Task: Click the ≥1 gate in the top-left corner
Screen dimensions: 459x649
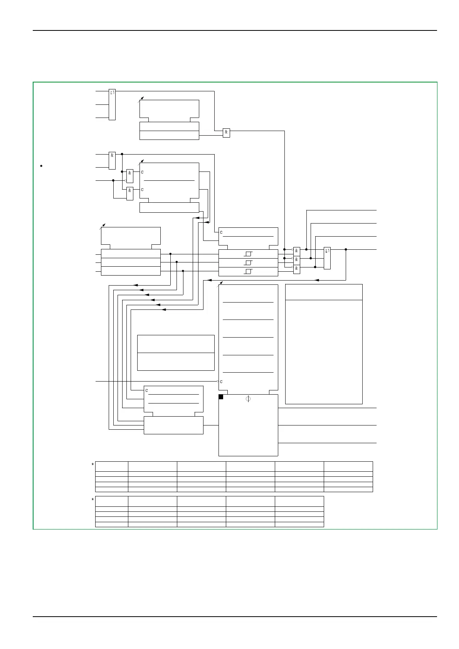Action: pyautogui.click(x=112, y=104)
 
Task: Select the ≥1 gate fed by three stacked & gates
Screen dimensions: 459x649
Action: pyautogui.click(x=327, y=258)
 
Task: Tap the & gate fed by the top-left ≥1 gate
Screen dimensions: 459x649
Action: pyautogui.click(x=226, y=132)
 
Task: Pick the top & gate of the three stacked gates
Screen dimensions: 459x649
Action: pyautogui.click(x=296, y=251)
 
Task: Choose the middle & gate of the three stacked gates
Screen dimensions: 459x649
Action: pyautogui.click(x=296, y=260)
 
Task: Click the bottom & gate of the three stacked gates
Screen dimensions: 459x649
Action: pyautogui.click(x=296, y=269)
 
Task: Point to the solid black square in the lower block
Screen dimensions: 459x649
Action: pyautogui.click(x=221, y=397)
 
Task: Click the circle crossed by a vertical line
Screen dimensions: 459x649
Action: pyautogui.click(x=248, y=399)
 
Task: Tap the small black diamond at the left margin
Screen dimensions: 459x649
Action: pyautogui.click(x=41, y=166)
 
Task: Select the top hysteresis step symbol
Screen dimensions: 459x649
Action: pyautogui.click(x=248, y=254)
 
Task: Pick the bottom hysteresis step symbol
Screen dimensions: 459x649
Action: pyautogui.click(x=248, y=272)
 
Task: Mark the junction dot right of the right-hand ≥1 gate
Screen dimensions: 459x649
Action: pyautogui.click(x=346, y=249)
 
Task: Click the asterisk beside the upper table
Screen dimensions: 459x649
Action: pyautogui.click(x=93, y=465)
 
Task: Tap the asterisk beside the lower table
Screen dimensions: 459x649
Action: pyautogui.click(x=93, y=500)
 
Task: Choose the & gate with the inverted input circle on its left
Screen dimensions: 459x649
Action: pyautogui.click(x=130, y=176)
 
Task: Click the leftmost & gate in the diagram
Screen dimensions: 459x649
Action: pyautogui.click(x=112, y=160)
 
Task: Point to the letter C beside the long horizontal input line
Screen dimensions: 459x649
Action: pyautogui.click(x=221, y=382)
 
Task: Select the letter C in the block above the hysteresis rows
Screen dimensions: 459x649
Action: pyautogui.click(x=221, y=232)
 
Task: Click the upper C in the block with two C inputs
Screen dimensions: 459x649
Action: pyautogui.click(x=142, y=172)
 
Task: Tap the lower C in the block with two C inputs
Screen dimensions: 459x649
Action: pyautogui.click(x=142, y=190)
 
